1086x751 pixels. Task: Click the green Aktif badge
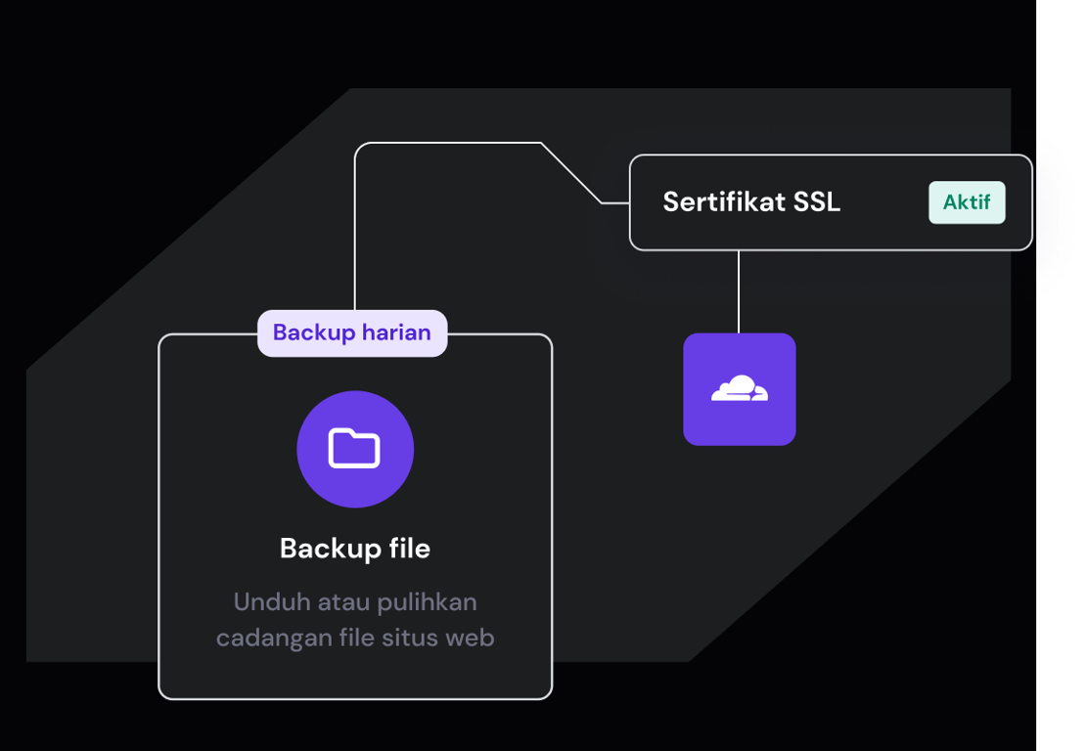(967, 203)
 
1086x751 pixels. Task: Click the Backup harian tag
(352, 332)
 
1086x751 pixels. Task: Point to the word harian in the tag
(395, 332)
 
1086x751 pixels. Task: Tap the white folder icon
(354, 449)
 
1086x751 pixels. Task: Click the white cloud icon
(739, 389)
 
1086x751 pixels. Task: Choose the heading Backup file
(354, 549)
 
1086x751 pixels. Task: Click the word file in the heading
(408, 549)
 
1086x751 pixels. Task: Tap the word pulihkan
(428, 601)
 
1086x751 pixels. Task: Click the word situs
(405, 639)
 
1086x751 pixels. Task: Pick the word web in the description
(470, 639)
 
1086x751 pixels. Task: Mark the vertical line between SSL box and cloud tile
(739, 291)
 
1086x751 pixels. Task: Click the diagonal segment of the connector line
(571, 173)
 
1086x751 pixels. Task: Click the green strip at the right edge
(1062, 489)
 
